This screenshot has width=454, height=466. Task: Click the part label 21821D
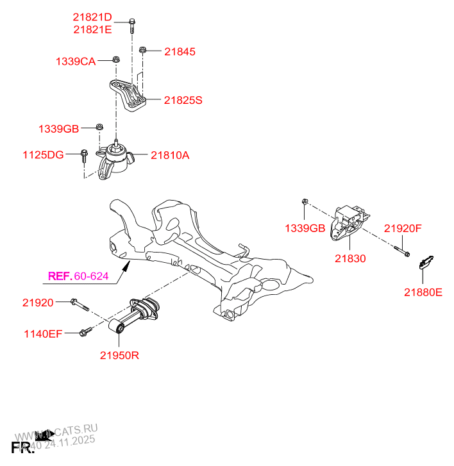tap(92, 17)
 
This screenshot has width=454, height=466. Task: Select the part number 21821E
tap(92, 29)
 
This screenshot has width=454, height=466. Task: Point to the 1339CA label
tap(76, 62)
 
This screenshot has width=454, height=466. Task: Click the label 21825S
tap(183, 100)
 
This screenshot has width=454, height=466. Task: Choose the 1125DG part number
tap(44, 154)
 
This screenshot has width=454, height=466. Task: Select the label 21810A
tap(170, 154)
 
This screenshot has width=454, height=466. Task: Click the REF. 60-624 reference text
tap(79, 277)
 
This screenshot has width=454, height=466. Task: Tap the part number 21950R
tap(119, 354)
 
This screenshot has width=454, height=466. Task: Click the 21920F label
tap(403, 228)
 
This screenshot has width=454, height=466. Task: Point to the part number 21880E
tap(423, 292)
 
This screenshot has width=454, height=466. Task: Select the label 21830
tap(349, 258)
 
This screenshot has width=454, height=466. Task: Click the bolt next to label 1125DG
tap(84, 154)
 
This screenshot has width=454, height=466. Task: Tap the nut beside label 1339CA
tap(115, 60)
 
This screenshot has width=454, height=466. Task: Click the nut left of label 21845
tap(144, 49)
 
